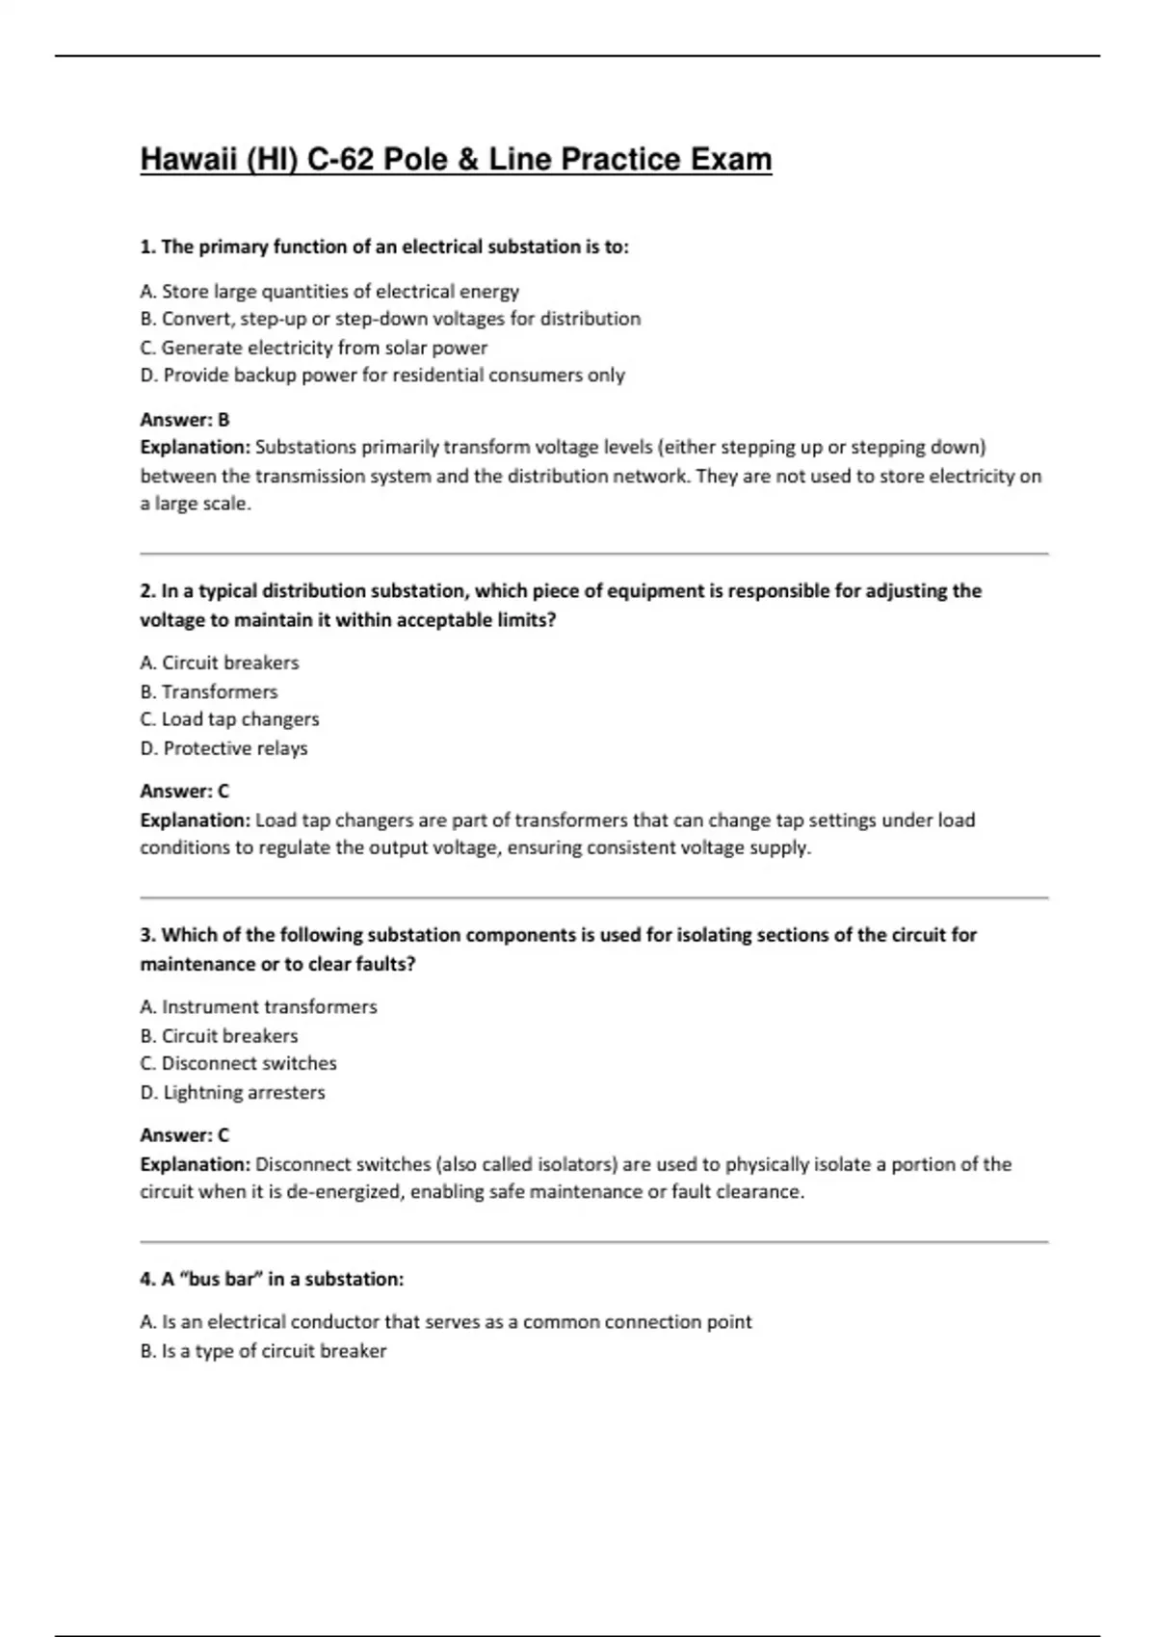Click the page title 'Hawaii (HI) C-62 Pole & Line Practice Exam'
456,159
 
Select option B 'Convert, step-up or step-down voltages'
390,319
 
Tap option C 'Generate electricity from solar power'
314,348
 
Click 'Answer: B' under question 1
185,420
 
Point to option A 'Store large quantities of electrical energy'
329,291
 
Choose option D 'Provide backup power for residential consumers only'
382,376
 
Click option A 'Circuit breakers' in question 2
220,663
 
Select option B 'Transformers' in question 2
209,691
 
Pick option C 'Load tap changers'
229,719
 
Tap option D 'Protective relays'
223,748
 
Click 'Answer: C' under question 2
185,792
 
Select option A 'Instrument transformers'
258,1007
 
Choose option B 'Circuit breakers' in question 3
219,1036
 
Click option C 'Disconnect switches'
238,1064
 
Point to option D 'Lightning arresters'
232,1093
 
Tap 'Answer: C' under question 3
185,1135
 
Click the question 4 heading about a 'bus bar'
272,1280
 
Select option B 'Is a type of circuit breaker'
263,1351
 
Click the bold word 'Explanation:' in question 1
196,448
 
